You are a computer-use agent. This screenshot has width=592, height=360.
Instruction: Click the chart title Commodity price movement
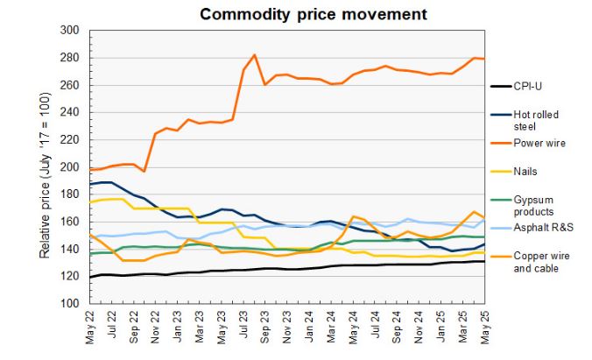[300, 14]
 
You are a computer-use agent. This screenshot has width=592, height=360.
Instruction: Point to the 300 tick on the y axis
[69, 31]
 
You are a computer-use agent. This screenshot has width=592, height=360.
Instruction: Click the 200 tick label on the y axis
[69, 167]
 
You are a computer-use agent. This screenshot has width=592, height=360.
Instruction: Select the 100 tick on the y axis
[69, 304]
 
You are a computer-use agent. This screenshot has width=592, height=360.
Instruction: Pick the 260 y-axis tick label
[69, 86]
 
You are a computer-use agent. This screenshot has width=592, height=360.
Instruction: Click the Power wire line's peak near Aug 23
[254, 55]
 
